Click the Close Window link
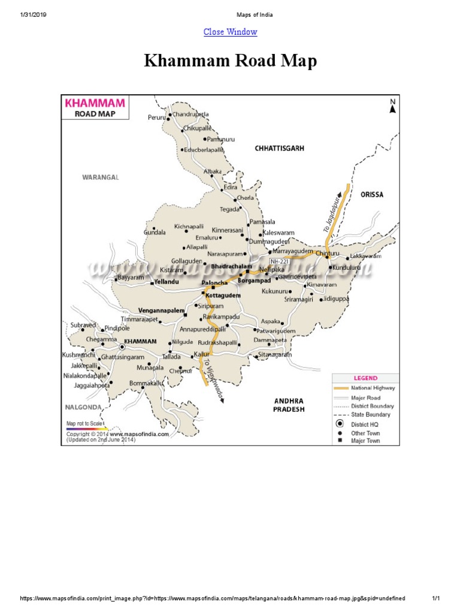click(230, 32)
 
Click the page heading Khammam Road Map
click(230, 62)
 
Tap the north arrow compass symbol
click(393, 107)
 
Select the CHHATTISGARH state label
click(279, 148)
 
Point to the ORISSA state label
click(372, 195)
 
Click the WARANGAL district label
click(101, 177)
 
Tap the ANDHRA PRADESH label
click(289, 405)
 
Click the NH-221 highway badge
click(280, 261)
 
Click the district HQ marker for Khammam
click(122, 347)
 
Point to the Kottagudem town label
click(223, 296)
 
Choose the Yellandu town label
click(168, 281)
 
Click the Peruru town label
click(156, 118)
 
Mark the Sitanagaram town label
click(274, 355)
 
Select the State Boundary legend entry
click(370, 414)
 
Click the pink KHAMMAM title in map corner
click(90, 103)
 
